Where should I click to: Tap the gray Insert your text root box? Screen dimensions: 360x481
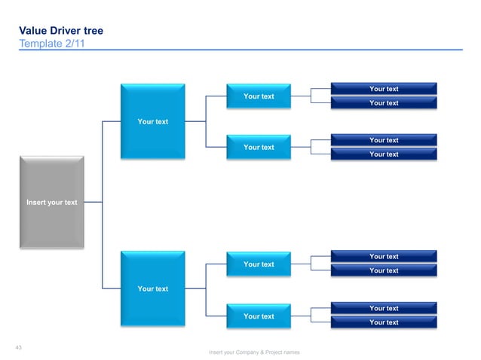point(51,202)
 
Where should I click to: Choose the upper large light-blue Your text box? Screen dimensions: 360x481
point(152,121)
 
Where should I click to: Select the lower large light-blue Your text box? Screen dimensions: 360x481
point(152,288)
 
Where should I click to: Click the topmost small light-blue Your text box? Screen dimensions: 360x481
point(258,96)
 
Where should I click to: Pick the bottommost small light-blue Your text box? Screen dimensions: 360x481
point(258,316)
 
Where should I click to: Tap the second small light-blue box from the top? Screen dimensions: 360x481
point(258,147)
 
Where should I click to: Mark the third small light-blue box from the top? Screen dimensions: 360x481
point(258,264)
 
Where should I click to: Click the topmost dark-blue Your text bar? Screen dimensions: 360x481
point(383,89)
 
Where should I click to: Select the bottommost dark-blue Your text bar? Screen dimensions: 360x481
point(383,322)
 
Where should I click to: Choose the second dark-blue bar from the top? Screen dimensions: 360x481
point(383,103)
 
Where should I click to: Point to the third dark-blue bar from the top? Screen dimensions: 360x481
point(383,140)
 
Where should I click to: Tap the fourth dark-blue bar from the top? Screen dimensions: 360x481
point(383,154)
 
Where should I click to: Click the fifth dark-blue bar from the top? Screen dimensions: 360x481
point(383,257)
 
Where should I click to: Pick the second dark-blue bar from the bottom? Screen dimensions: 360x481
point(383,308)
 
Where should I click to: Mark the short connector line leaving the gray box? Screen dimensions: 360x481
point(93,202)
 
